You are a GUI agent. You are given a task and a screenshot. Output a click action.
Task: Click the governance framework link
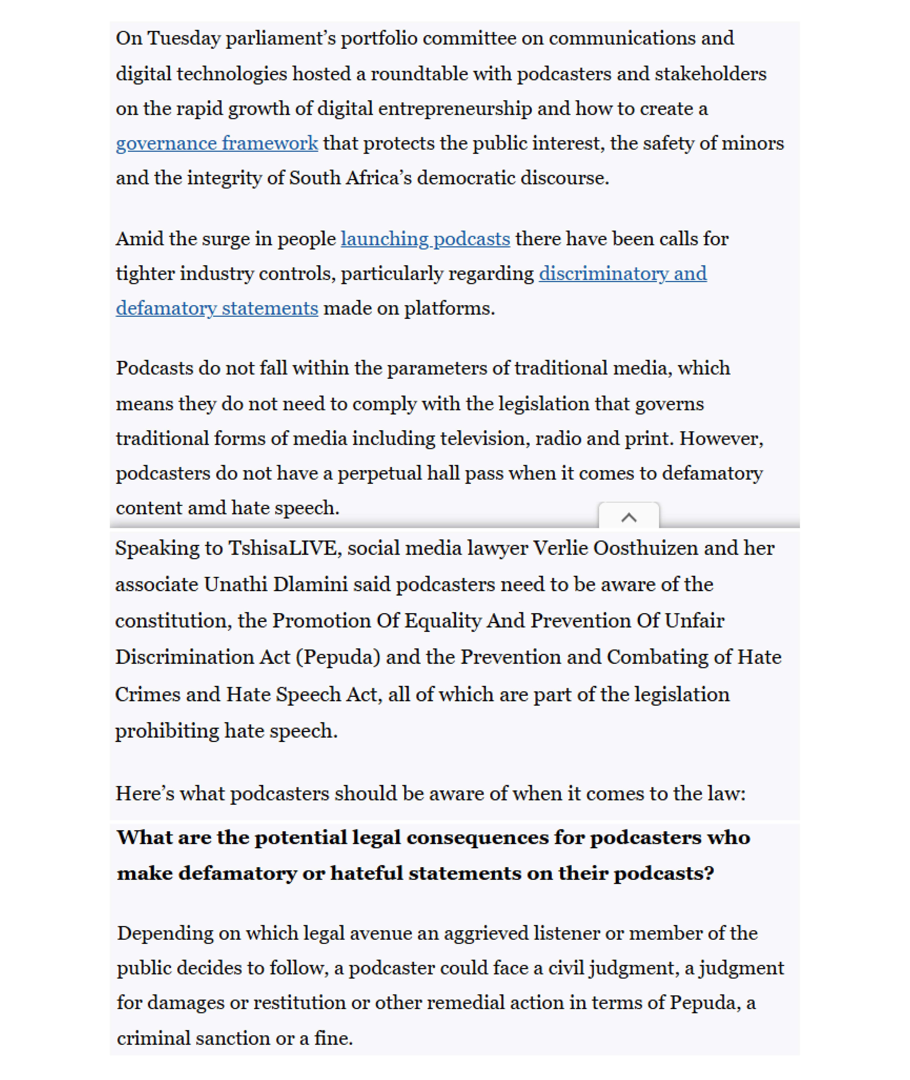click(217, 143)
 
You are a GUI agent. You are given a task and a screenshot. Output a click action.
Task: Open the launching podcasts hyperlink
click(425, 239)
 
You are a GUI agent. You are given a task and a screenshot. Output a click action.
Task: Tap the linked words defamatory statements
click(217, 308)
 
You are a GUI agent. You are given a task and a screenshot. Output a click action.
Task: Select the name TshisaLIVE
click(285, 548)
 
